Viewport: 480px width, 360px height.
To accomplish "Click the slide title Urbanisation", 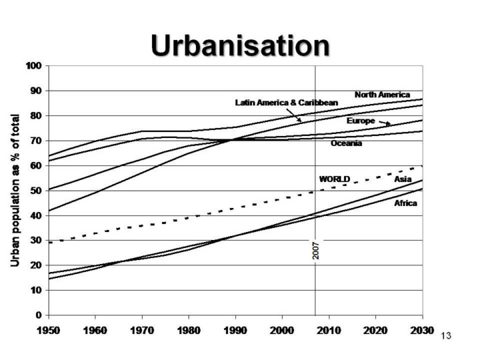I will (240, 45).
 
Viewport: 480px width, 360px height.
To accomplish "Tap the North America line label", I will (382, 95).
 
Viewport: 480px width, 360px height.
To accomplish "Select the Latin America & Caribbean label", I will (287, 103).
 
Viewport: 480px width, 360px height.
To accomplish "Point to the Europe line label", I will (361, 121).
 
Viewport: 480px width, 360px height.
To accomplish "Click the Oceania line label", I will (347, 143).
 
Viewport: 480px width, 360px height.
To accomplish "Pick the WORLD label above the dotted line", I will (335, 179).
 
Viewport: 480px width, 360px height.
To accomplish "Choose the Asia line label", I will (403, 179).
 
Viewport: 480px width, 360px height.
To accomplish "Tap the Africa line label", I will (405, 203).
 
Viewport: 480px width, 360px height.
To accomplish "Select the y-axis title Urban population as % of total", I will (15, 191).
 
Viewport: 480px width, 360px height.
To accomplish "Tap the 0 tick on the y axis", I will (39, 315).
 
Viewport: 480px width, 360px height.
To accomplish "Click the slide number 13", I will (446, 335).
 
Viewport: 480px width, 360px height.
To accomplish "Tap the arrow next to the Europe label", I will (385, 123).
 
